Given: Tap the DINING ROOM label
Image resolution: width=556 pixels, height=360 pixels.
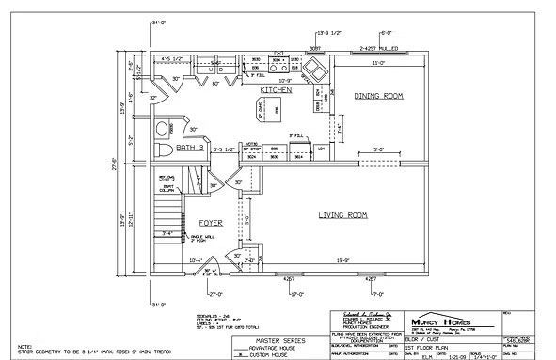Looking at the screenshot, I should click(x=378, y=96).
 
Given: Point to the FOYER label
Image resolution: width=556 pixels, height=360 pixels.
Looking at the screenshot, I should click(x=211, y=223).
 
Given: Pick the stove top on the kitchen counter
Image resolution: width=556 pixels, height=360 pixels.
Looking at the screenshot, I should click(x=279, y=67).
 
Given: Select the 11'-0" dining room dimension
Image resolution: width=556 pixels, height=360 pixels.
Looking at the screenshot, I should click(x=380, y=62).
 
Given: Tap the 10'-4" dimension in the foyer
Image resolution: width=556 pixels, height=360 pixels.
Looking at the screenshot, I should click(x=196, y=259).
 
